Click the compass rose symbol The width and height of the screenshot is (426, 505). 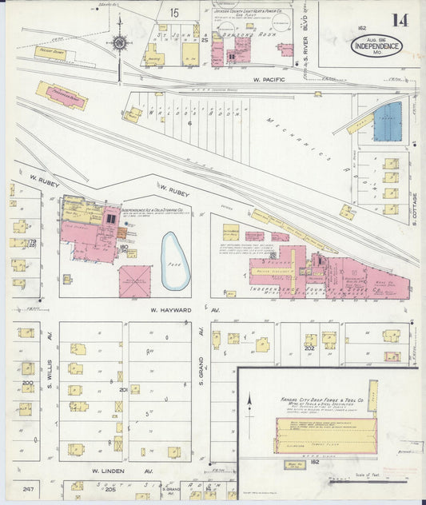click(119, 43)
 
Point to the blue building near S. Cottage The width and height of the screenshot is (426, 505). click(388, 122)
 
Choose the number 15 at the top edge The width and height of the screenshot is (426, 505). click(173, 12)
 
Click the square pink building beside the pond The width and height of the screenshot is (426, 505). click(134, 281)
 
